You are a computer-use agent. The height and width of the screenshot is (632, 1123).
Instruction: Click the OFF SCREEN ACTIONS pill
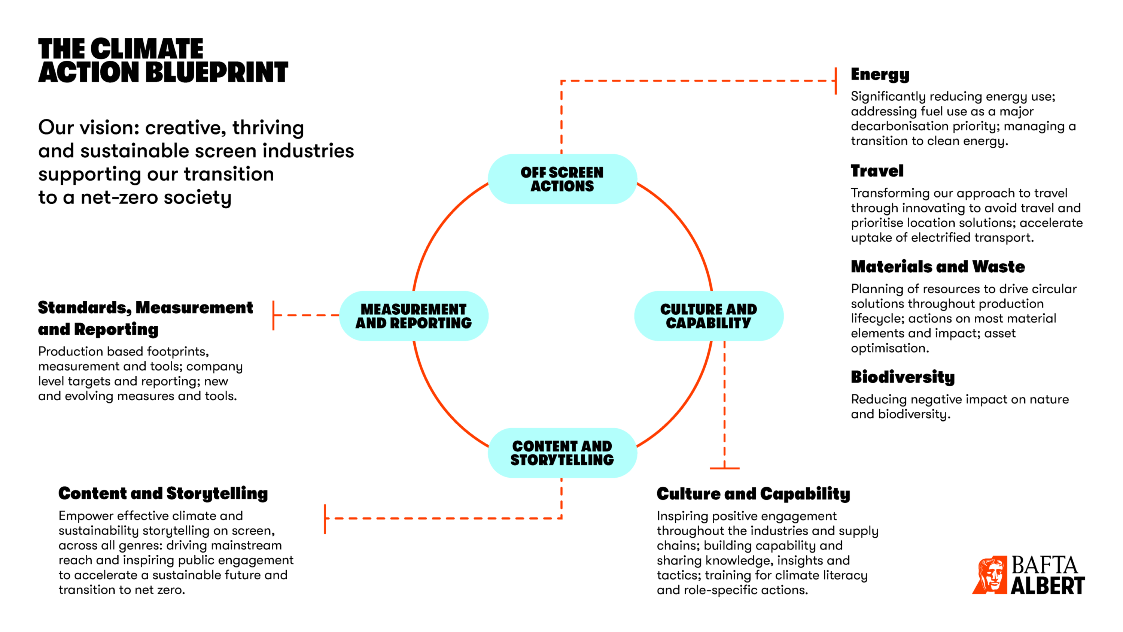tap(562, 179)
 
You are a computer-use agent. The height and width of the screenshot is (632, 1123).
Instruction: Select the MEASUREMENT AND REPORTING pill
tap(413, 316)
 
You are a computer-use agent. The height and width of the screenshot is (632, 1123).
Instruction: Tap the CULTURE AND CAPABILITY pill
tap(708, 316)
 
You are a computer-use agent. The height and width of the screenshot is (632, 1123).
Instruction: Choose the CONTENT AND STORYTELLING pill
tap(562, 453)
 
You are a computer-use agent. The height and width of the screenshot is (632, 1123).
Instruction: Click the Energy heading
tap(880, 75)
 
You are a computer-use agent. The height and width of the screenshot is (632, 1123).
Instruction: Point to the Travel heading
tap(877, 171)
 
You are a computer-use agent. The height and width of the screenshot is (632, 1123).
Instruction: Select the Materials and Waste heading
tap(937, 266)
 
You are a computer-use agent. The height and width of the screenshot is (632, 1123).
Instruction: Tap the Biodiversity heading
tap(903, 377)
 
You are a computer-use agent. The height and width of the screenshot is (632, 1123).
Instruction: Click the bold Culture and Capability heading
tap(753, 494)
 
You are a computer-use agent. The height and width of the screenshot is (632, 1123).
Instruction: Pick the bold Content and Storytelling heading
tap(163, 493)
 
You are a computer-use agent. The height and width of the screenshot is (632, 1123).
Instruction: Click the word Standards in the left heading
tap(84, 308)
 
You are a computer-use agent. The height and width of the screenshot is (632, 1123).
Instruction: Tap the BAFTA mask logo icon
tap(990, 574)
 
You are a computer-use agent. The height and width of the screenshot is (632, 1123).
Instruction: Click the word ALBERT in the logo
tap(1047, 586)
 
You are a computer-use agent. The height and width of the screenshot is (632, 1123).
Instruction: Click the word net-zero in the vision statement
tap(119, 197)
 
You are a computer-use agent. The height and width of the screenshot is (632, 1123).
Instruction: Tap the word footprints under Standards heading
tap(177, 351)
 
